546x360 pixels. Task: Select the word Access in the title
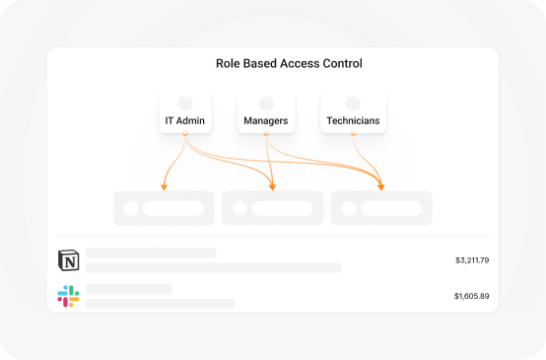coord(305,64)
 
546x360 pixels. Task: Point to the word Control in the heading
coord(345,64)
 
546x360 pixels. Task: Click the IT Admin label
coord(183,122)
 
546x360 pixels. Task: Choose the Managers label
coord(264,122)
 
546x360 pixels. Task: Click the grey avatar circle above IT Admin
coord(184,103)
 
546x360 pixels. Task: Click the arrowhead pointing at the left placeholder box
coord(164,184)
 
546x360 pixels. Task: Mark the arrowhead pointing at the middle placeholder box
coord(273,184)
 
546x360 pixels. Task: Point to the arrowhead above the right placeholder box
coord(381,184)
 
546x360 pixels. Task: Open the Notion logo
coord(68,260)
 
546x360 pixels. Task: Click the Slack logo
coord(68,296)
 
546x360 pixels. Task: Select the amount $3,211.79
coord(472,260)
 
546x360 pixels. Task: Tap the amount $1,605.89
coord(472,296)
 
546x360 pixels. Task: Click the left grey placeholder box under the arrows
coord(164,208)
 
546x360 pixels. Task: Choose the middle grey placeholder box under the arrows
coord(273,208)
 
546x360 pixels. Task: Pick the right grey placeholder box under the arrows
coord(381,208)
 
